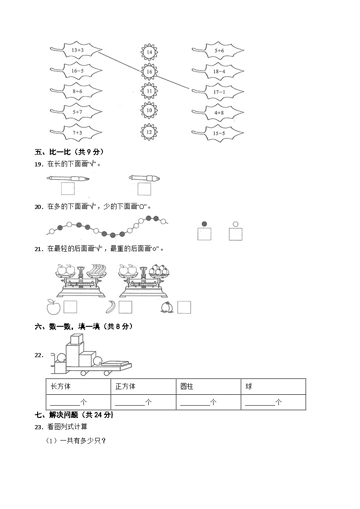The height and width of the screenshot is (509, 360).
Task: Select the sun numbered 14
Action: click(149, 52)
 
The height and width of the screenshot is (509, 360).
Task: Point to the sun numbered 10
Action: click(149, 110)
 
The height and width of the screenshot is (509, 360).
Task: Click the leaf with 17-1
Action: click(219, 92)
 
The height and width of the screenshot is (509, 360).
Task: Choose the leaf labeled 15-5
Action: click(219, 133)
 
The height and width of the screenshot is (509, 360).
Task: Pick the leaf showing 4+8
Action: click(219, 113)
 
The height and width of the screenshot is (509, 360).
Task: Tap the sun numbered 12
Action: click(149, 132)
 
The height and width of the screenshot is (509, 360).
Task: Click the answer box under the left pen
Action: click(68, 189)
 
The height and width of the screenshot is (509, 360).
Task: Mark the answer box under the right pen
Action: click(144, 189)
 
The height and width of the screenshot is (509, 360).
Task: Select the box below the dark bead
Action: click(204, 234)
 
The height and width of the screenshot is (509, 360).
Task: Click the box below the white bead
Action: click(235, 234)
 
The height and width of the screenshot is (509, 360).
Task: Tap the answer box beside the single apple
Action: click(70, 307)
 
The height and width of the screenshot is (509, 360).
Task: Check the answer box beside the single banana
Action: click(125, 307)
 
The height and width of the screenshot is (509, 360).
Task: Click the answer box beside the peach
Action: click(184, 307)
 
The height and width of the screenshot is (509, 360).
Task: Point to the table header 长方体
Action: click(60, 387)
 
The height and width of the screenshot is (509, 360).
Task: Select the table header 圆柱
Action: click(187, 387)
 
